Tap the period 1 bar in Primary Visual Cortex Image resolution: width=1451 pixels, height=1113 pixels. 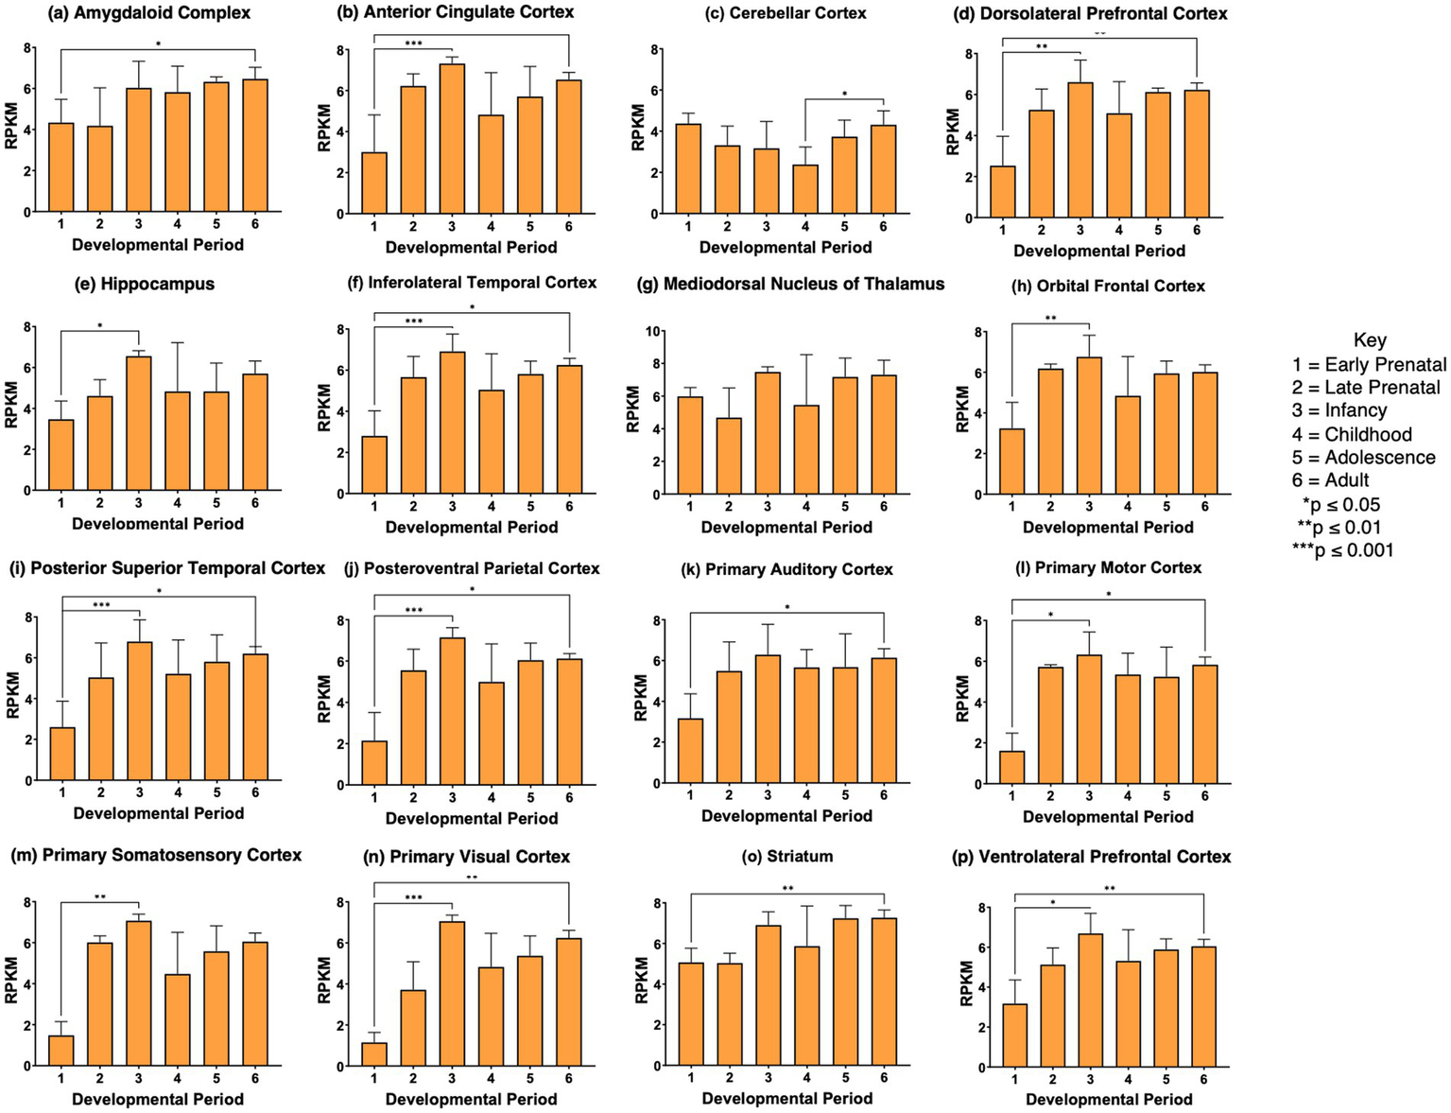pyautogui.click(x=374, y=1054)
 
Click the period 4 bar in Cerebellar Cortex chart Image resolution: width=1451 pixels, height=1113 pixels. pyautogui.click(x=805, y=189)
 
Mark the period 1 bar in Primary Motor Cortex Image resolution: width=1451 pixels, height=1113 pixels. pyautogui.click(x=1012, y=767)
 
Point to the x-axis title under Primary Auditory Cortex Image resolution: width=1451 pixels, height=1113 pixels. pyautogui.click(x=786, y=816)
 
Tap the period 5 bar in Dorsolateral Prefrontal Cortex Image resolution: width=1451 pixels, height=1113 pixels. pyautogui.click(x=1157, y=155)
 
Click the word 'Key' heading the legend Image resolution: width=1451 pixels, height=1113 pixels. pyautogui.click(x=1370, y=340)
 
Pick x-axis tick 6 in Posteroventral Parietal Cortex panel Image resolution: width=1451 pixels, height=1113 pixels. pyautogui.click(x=569, y=798)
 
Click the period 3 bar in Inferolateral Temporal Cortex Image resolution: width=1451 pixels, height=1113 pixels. pyautogui.click(x=453, y=423)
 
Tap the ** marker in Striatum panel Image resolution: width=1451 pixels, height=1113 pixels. pyautogui.click(x=787, y=888)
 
